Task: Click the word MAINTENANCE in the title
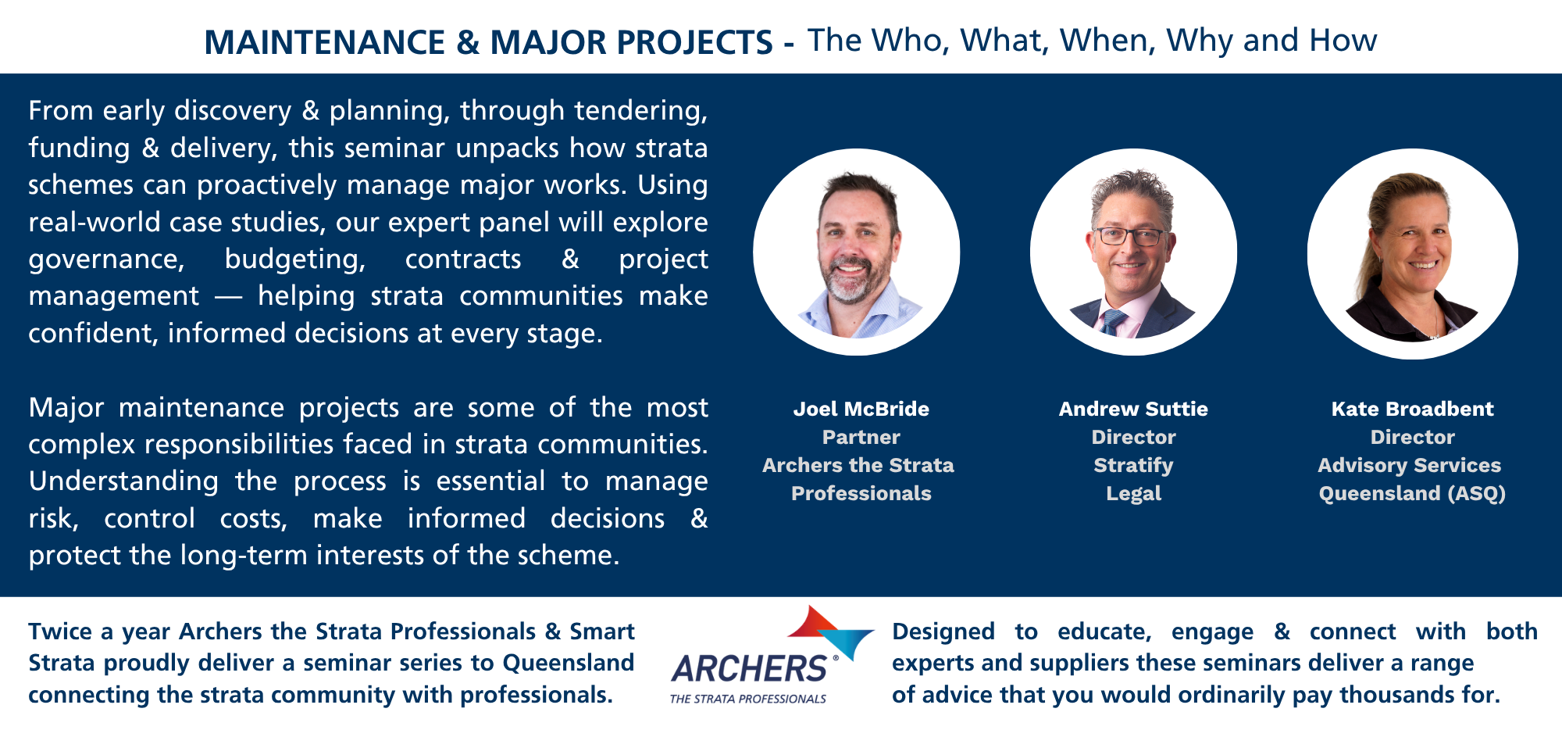(x=325, y=42)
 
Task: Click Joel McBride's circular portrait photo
(x=857, y=252)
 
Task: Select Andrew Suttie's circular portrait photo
(x=1133, y=252)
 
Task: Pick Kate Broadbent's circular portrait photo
(x=1413, y=254)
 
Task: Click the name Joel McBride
(x=861, y=409)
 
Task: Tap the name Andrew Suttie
(x=1133, y=409)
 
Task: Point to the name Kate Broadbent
(x=1412, y=409)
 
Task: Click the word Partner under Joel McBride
(x=861, y=437)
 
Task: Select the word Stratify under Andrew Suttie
(x=1133, y=466)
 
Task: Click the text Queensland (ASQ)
(x=1412, y=494)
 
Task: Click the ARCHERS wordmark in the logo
(x=749, y=669)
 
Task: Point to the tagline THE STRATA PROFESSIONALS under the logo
(x=748, y=699)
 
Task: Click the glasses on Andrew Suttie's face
(x=1132, y=235)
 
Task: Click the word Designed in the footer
(x=943, y=631)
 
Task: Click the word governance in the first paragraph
(x=106, y=260)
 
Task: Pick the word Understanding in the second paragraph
(x=123, y=481)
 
